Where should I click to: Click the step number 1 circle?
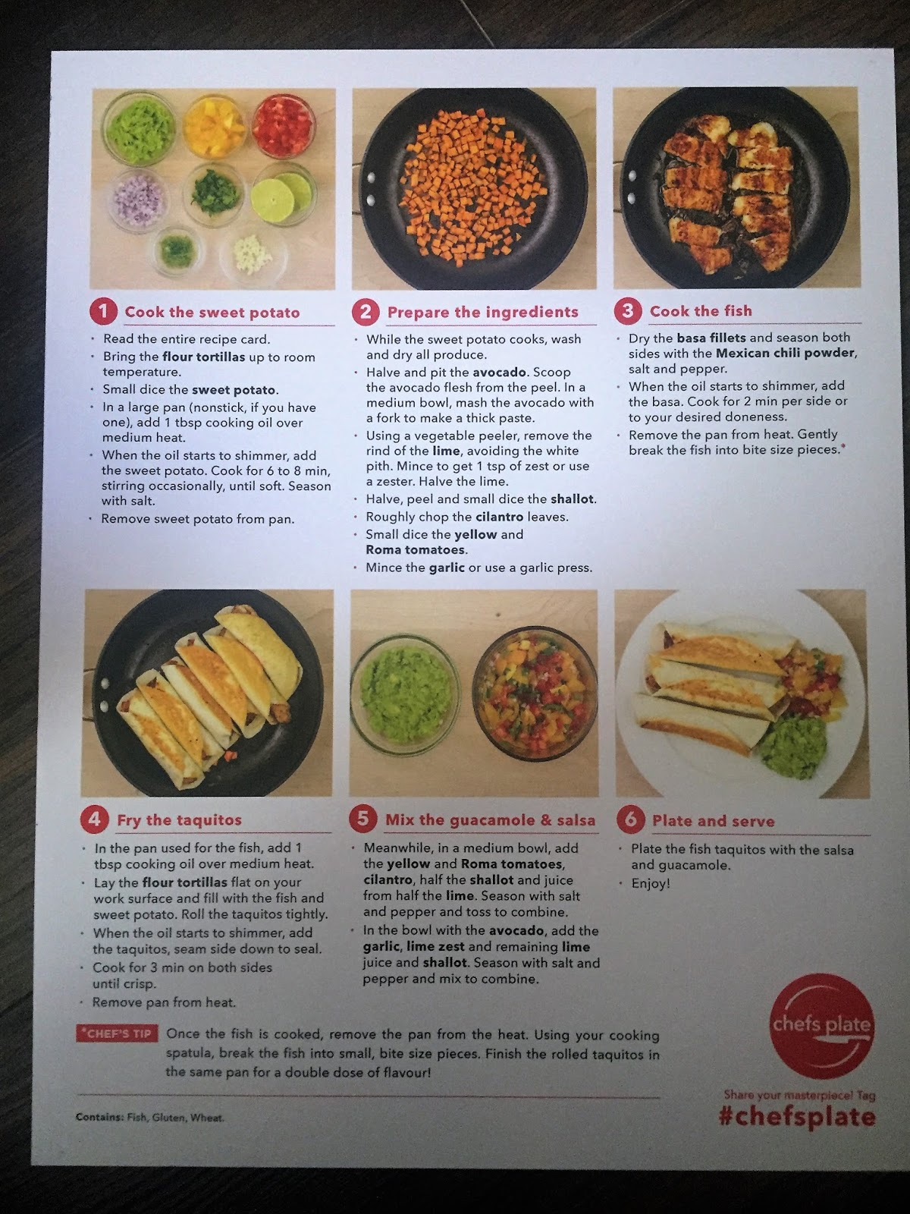(103, 312)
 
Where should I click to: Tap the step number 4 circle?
(95, 819)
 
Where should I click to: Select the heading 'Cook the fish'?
(701, 311)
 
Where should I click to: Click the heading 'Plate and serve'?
(714, 821)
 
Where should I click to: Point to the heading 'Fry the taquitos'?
(179, 819)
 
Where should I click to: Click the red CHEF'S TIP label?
(117, 1033)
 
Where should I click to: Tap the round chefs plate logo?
(821, 1026)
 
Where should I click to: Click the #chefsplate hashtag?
(797, 1116)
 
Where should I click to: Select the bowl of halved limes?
(284, 194)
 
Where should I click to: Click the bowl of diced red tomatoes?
(284, 125)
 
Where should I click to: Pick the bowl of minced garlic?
(253, 255)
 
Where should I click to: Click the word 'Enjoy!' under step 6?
(651, 883)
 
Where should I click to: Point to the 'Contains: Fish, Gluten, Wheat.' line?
(149, 1117)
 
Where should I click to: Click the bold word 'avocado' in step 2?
(499, 373)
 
